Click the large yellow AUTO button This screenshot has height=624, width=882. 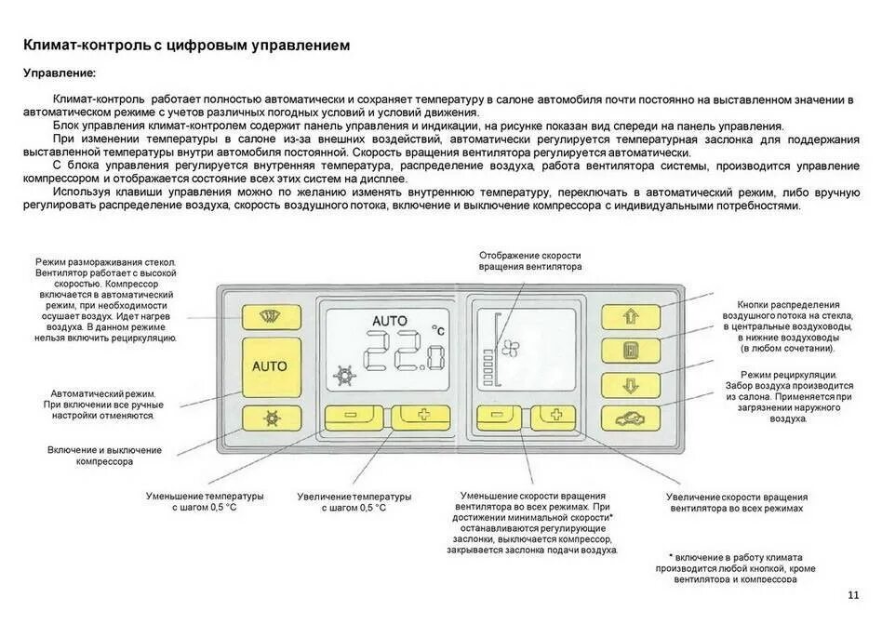(270, 366)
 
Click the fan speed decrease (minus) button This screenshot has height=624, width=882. (501, 418)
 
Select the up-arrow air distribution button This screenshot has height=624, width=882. (630, 317)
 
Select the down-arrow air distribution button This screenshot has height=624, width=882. (630, 384)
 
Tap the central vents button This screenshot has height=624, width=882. (630, 351)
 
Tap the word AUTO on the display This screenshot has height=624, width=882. (389, 321)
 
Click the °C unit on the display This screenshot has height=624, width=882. (437, 329)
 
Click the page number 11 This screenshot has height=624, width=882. (854, 595)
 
